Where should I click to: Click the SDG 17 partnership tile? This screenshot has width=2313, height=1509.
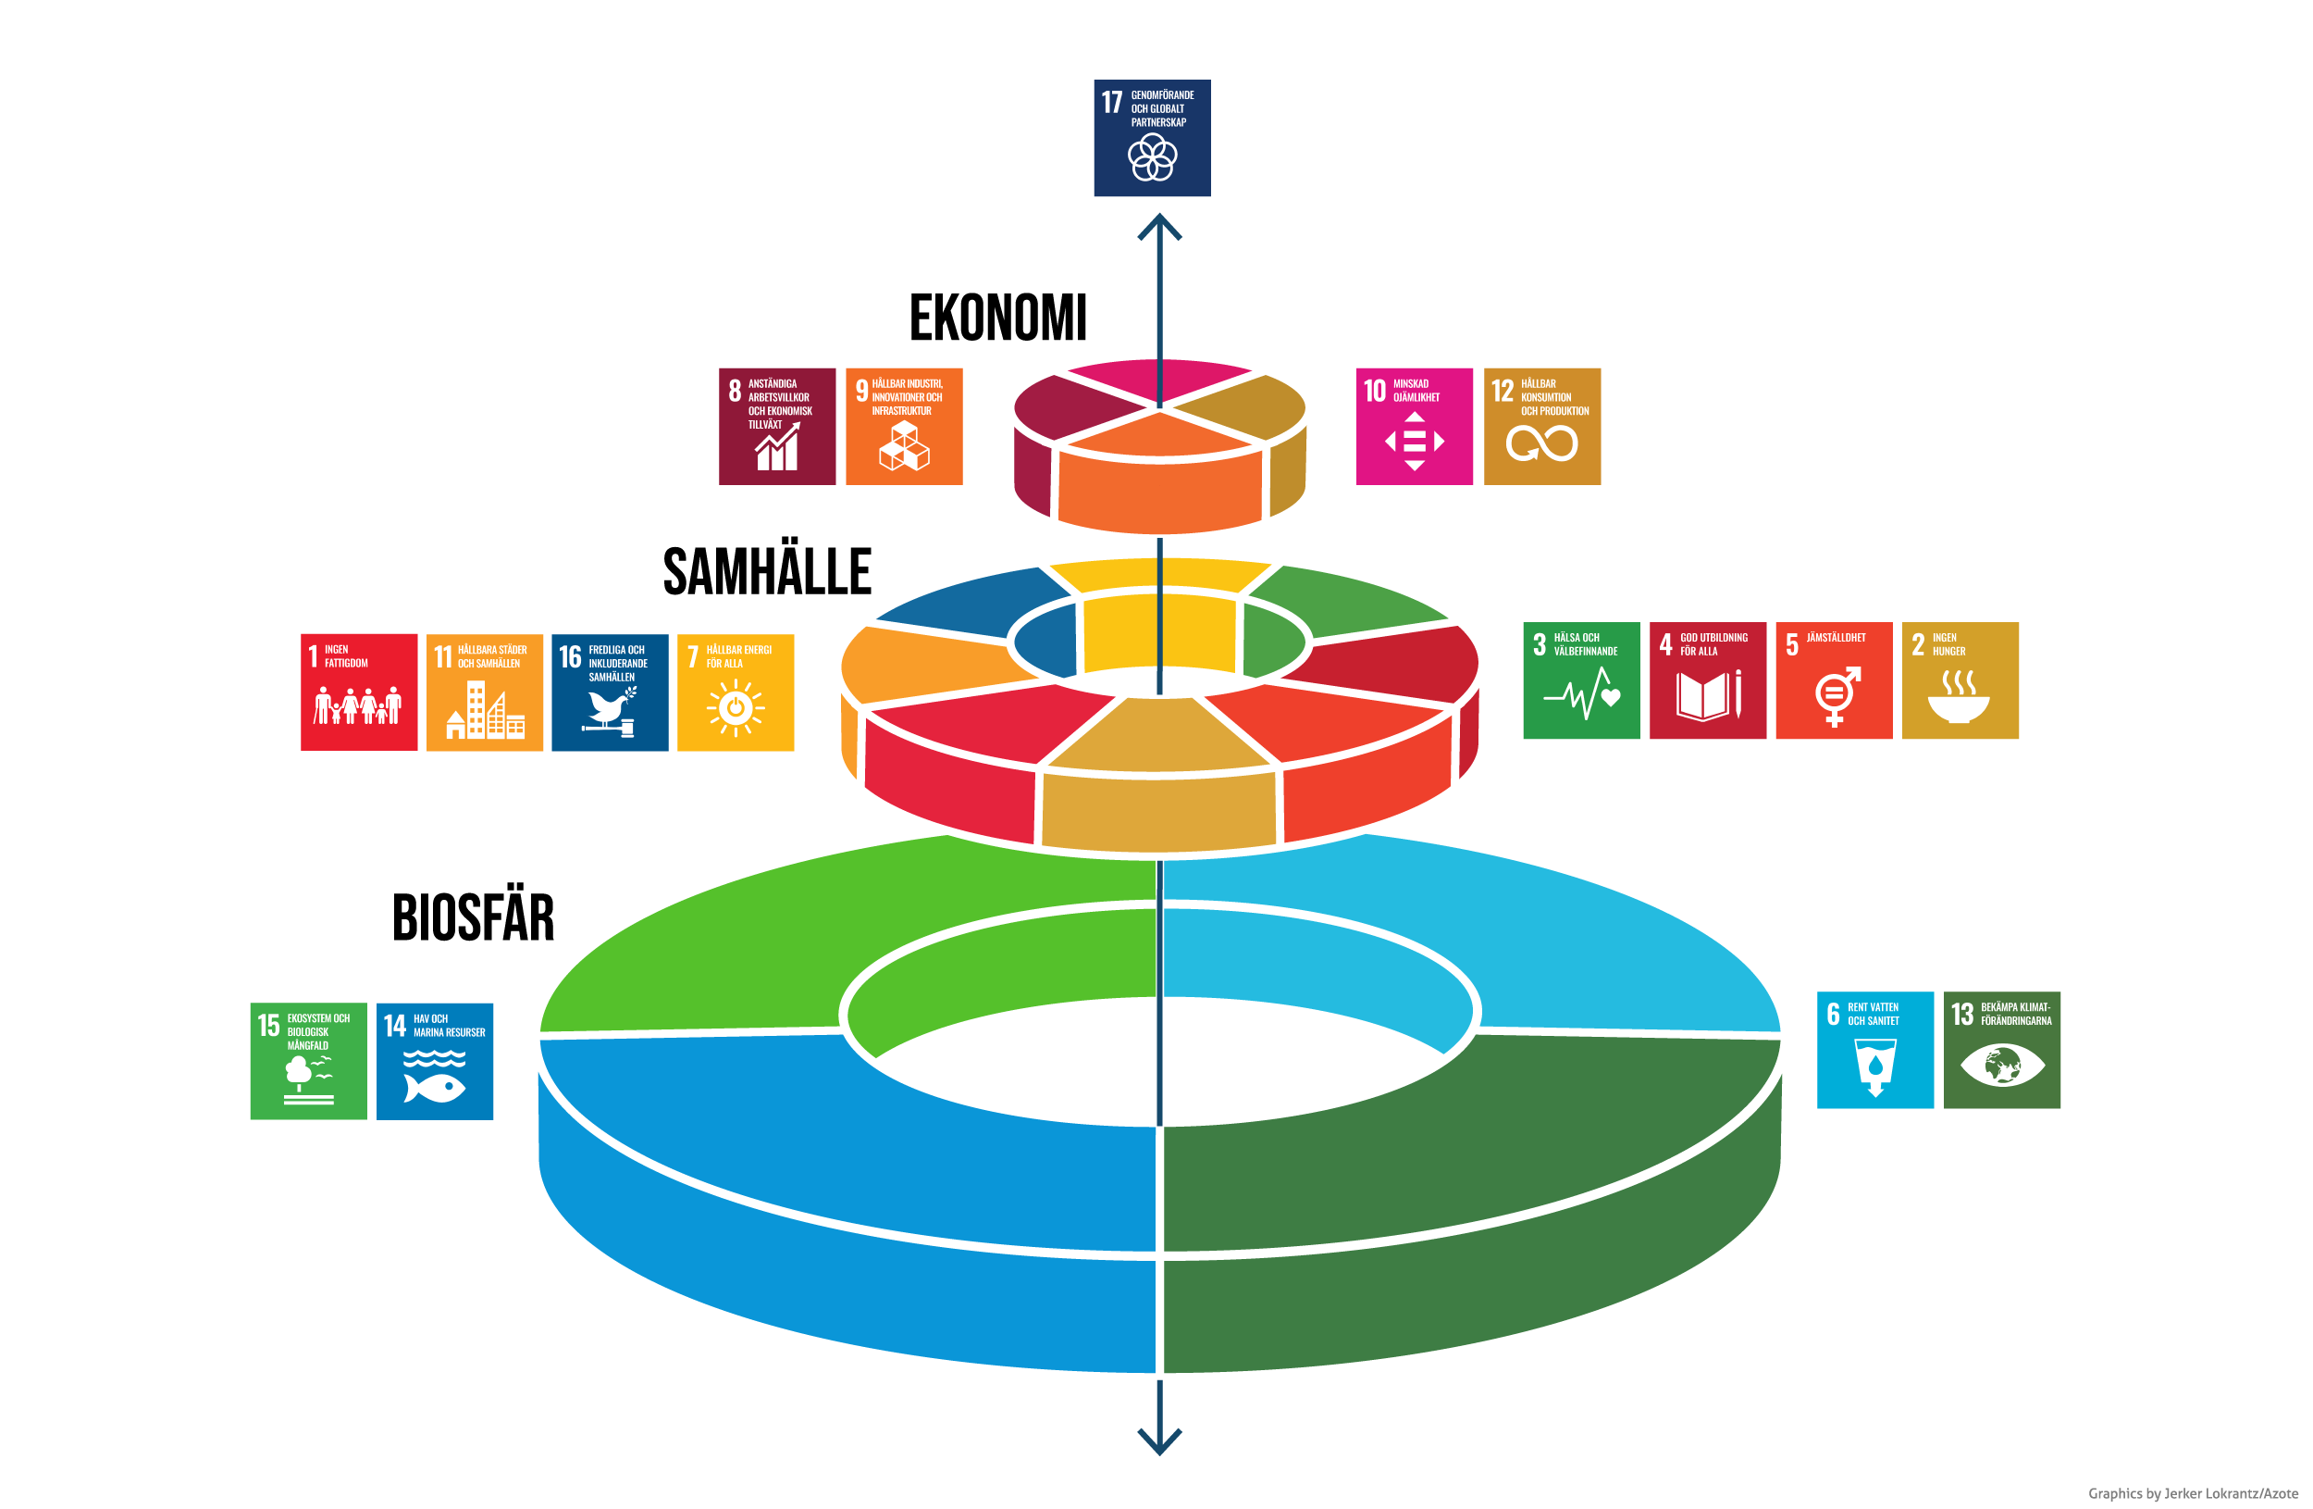tap(1152, 138)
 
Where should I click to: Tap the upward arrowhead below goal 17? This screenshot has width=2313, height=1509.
tap(1159, 229)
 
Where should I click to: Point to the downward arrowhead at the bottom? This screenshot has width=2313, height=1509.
tap(1159, 1440)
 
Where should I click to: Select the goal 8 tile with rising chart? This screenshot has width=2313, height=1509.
tap(776, 426)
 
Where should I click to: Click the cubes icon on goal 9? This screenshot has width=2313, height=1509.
tap(904, 445)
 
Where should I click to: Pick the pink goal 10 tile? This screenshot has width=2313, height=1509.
tap(1414, 426)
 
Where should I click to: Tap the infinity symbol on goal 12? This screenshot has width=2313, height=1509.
tap(1541, 444)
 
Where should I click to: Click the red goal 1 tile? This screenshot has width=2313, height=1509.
tap(359, 692)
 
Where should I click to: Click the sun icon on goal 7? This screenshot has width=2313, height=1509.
tap(736, 708)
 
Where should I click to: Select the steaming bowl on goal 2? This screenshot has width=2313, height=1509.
tap(1959, 697)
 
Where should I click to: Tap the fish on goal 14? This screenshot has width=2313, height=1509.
tap(436, 1086)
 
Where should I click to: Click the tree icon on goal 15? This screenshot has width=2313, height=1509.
tap(301, 1072)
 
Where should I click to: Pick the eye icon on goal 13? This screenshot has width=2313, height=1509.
tap(2002, 1065)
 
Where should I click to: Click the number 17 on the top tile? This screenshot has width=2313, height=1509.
tap(1112, 101)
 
